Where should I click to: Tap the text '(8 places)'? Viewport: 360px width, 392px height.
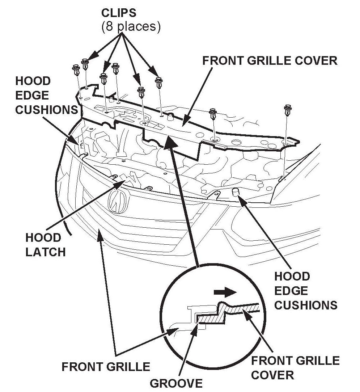[131, 28]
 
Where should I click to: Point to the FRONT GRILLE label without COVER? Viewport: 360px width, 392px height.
[106, 367]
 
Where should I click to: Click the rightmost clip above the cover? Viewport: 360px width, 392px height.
[288, 110]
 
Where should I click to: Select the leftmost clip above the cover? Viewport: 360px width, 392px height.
[76, 69]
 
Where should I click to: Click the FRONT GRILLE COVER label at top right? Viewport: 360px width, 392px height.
[270, 60]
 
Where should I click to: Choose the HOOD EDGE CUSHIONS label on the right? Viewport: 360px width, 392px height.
[305, 291]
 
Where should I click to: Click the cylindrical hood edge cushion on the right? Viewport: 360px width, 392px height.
[236, 192]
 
